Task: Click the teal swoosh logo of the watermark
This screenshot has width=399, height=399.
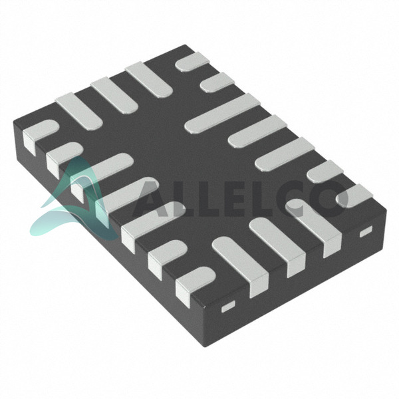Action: coord(76,201)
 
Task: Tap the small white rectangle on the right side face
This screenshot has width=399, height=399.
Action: coord(366,231)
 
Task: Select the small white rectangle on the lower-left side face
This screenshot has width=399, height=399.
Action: coord(228,307)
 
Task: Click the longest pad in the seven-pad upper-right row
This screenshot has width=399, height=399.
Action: coord(223,113)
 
